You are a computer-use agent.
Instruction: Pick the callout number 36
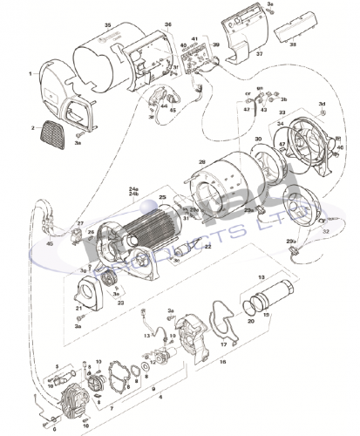168,24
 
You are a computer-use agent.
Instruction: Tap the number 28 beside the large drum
201,163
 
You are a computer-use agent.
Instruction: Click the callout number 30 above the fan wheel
257,140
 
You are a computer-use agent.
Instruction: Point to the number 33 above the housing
282,113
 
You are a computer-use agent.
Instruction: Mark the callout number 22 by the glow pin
207,247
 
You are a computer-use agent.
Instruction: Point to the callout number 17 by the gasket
224,344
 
